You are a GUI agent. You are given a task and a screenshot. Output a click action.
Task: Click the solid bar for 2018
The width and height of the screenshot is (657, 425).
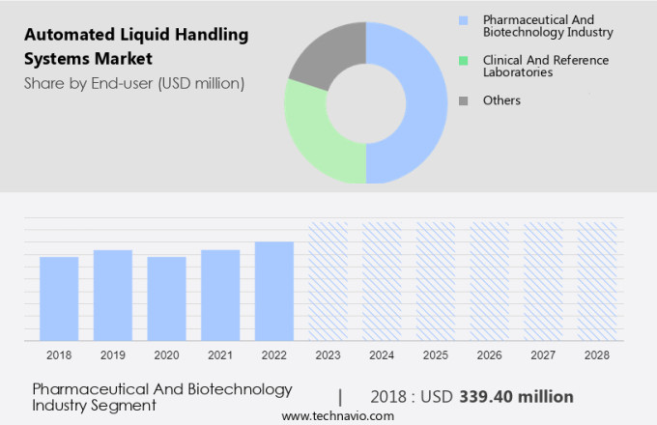59,298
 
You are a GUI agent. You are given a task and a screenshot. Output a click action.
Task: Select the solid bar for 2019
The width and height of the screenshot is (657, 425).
113,295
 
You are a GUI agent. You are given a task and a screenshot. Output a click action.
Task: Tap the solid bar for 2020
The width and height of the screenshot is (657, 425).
166,298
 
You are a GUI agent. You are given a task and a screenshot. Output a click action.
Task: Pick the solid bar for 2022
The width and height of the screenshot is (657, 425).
274,291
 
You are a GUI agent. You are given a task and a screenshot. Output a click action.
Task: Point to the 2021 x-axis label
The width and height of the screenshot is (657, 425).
220,355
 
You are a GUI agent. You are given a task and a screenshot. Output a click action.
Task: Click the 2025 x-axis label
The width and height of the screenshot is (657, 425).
436,355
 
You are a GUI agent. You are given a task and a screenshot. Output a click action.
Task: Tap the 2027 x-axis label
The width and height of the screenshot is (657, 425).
543,355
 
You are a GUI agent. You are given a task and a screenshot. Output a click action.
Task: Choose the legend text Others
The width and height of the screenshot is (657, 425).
501,100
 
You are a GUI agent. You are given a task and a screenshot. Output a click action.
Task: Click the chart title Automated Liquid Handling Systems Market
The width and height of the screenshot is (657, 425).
135,46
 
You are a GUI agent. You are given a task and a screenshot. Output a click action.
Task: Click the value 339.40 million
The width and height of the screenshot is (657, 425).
518,396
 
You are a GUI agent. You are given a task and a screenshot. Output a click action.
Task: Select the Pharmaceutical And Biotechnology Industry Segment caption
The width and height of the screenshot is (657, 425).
162,396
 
